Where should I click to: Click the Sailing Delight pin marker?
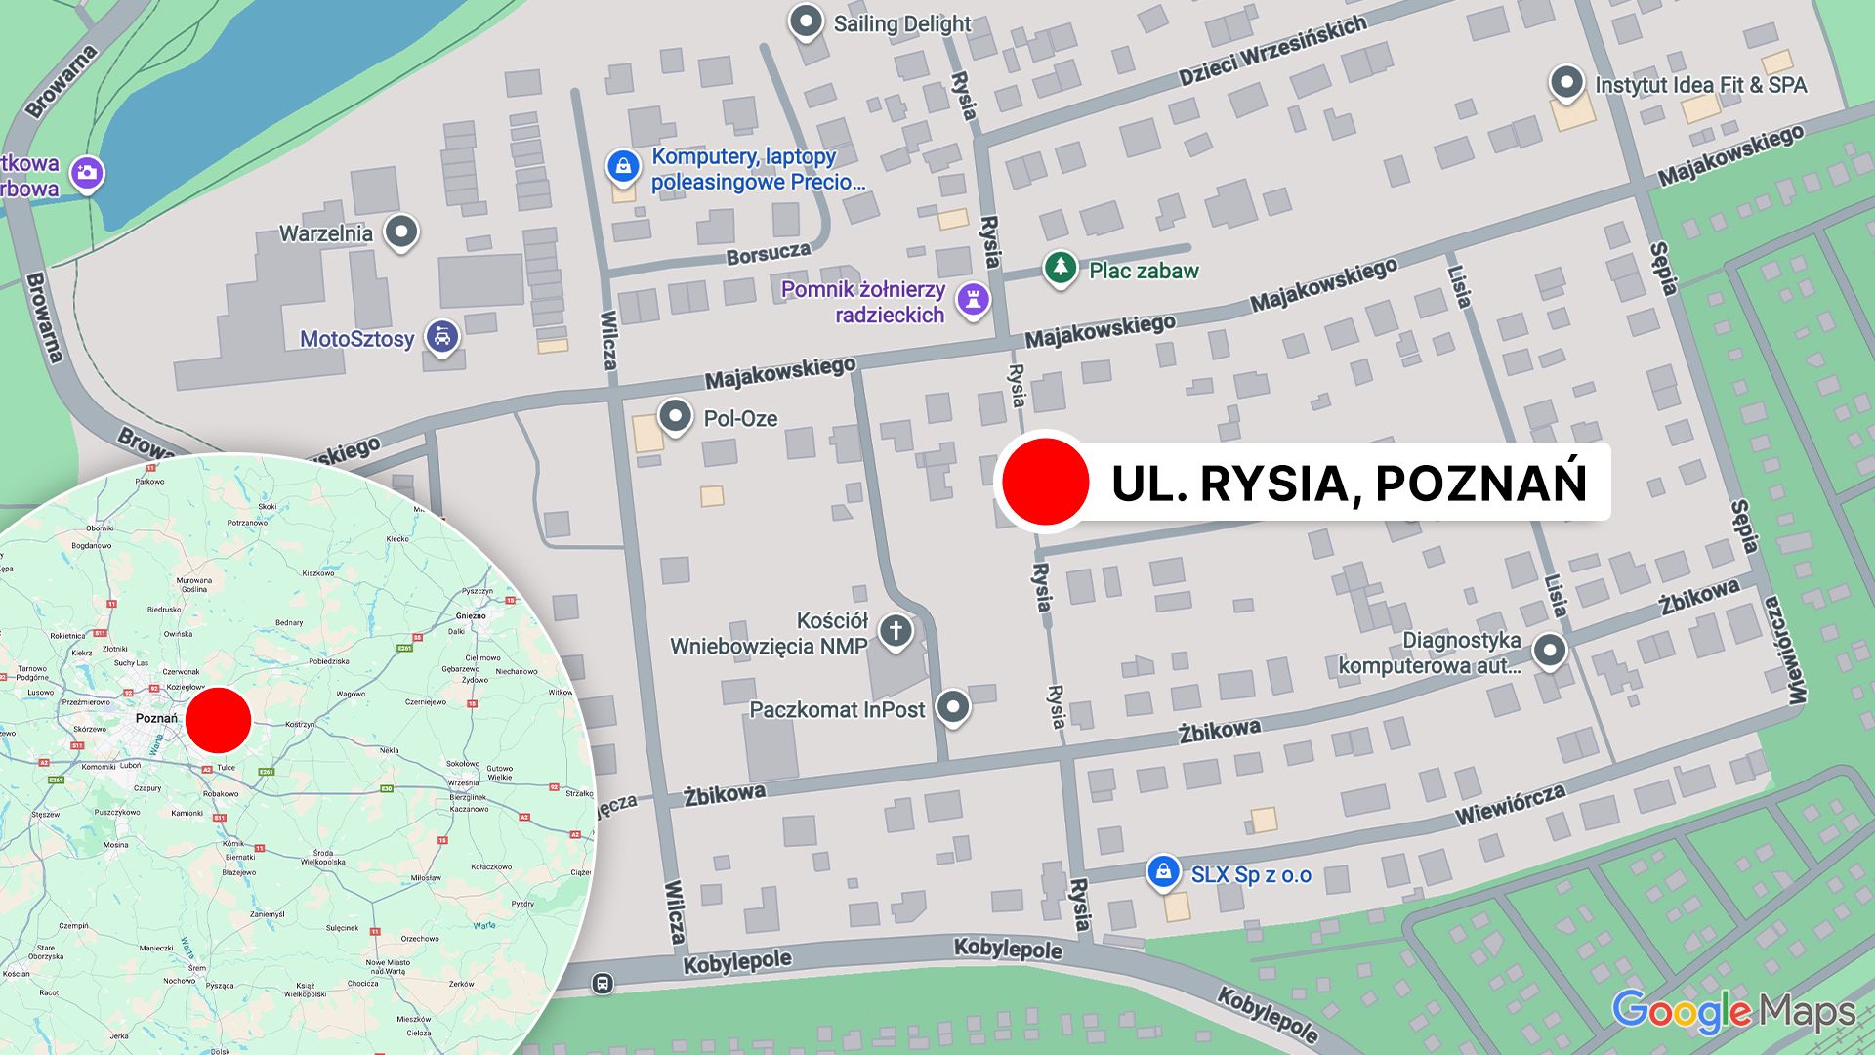pos(806,21)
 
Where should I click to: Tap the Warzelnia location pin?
pos(401,232)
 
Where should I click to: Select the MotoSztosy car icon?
pos(442,338)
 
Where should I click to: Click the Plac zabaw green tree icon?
pos(1060,268)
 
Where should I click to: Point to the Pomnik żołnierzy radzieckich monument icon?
pos(973,299)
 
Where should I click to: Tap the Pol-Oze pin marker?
pos(675,417)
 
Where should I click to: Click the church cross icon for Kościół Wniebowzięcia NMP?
pos(896,631)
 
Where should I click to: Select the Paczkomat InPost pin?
pos(953,707)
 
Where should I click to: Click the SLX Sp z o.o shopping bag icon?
pos(1163,871)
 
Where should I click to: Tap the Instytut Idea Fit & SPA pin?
pos(1566,83)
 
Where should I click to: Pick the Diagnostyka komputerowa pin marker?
pos(1550,651)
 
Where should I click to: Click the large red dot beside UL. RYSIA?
pos(1045,482)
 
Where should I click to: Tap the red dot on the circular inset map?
pos(219,720)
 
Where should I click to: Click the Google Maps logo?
pos(1732,1012)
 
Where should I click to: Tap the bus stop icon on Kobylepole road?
pos(603,983)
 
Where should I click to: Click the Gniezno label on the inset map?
pos(471,615)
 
